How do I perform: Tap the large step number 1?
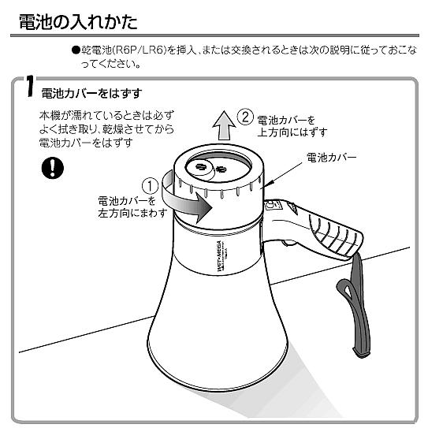28,89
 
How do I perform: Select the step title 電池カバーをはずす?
90,93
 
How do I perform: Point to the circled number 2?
245,119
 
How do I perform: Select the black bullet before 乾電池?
76,50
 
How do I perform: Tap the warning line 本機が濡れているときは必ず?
106,116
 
